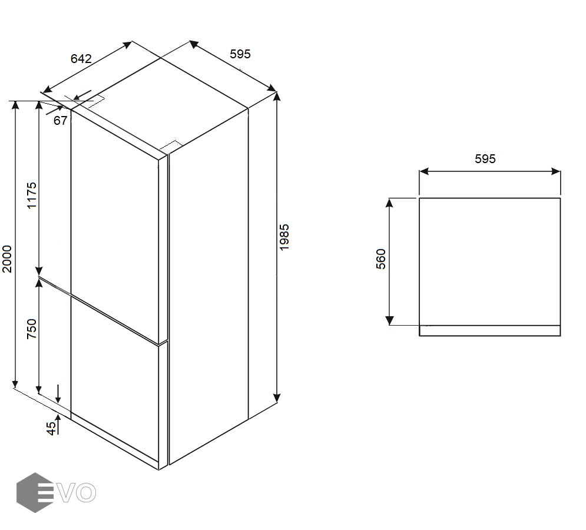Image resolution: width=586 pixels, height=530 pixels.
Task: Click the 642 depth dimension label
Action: tap(81, 59)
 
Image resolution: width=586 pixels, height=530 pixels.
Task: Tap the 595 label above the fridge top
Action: tap(240, 54)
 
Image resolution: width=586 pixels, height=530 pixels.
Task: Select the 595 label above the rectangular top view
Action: tap(485, 159)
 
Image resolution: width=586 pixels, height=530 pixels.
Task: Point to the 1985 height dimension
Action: tap(284, 237)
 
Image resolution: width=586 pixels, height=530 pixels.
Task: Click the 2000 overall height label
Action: tap(8, 259)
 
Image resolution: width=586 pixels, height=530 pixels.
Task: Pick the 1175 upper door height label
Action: tap(32, 195)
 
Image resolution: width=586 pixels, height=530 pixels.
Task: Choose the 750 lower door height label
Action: tap(32, 329)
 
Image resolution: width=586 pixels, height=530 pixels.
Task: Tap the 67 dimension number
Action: tap(60, 120)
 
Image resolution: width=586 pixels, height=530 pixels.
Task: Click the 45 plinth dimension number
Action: tap(52, 428)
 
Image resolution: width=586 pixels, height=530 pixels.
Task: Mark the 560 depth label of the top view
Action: tap(381, 259)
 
